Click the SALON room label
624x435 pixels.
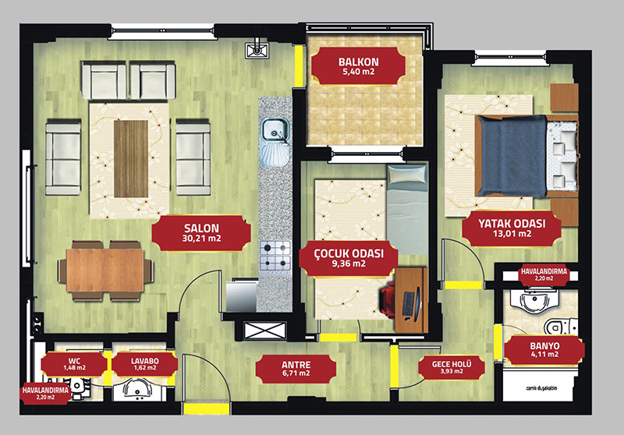coord(201,233)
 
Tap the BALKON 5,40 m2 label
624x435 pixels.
coord(359,66)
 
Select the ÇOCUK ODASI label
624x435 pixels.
coord(349,258)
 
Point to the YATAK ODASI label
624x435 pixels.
coord(512,228)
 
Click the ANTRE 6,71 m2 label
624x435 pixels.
coord(296,369)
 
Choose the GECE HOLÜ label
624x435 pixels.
coord(452,366)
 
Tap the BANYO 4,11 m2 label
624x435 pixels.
coord(544,349)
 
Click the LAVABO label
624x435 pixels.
coord(145,364)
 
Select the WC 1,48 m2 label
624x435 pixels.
coord(74,364)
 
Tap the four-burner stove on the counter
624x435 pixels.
coord(275,256)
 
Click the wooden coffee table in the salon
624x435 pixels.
coord(131,159)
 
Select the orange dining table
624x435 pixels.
coord(105,270)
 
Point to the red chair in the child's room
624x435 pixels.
coord(387,299)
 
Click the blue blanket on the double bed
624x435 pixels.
coord(512,156)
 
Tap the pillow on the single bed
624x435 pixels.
coord(406,174)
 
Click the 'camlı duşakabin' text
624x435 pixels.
coord(541,387)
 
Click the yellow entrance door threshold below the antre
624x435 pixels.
coord(207,408)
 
